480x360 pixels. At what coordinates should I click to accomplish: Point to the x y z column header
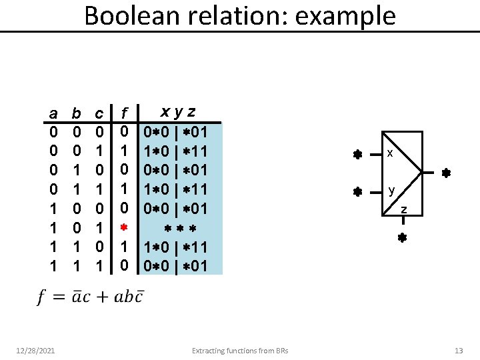pyautogui.click(x=177, y=111)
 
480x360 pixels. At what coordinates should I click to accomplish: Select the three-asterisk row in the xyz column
pyautogui.click(x=178, y=229)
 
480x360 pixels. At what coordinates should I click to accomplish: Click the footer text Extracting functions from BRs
pyautogui.click(x=240, y=350)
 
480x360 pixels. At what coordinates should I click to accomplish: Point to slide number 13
pyautogui.click(x=458, y=350)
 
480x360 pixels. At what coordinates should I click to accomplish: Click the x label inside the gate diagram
pyautogui.click(x=390, y=154)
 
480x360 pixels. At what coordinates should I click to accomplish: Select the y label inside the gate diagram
pyautogui.click(x=392, y=191)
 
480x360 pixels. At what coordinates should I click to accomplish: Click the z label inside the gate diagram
pyautogui.click(x=403, y=211)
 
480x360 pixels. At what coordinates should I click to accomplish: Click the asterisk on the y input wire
pyautogui.click(x=357, y=192)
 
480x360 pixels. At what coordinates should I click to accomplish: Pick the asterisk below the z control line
pyautogui.click(x=402, y=237)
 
